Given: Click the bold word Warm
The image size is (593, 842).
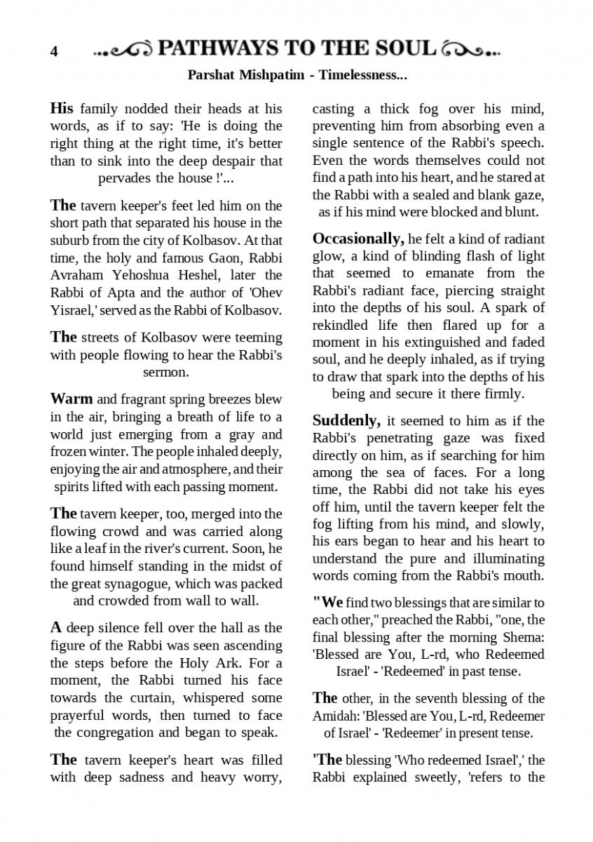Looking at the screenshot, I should tap(71, 399).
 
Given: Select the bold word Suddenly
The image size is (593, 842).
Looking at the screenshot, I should tap(346, 421).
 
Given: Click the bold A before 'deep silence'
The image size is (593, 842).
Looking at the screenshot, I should tap(55, 628).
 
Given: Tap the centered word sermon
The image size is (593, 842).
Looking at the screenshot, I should tap(165, 372).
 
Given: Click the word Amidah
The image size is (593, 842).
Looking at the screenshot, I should tap(332, 716).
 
